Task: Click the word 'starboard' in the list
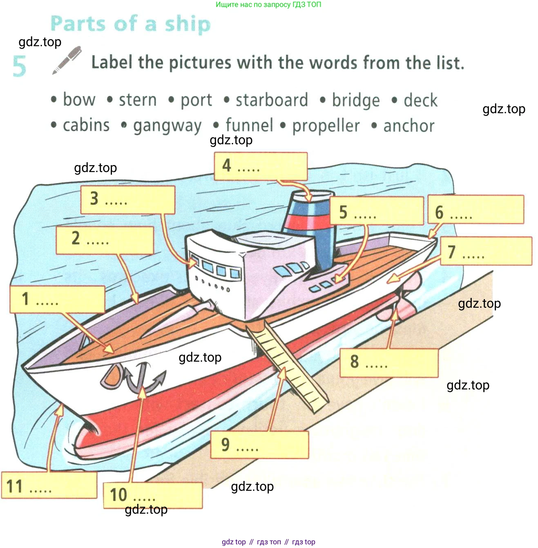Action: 272,100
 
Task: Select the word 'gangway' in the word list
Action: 167,126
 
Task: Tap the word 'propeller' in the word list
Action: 326,126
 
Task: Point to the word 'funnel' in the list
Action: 249,125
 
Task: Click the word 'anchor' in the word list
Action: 409,126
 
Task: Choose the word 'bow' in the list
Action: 79,100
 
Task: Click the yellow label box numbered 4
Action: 261,166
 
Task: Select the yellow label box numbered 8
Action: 388,362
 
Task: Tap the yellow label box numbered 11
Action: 49,485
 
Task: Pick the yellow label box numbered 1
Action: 57,300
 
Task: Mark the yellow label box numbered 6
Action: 475,210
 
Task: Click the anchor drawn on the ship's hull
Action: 141,378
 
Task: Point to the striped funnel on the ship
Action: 310,229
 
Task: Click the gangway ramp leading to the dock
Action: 288,366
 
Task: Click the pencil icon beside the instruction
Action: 67,60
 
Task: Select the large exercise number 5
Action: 19,66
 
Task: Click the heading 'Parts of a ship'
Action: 130,24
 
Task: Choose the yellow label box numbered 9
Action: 259,445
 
